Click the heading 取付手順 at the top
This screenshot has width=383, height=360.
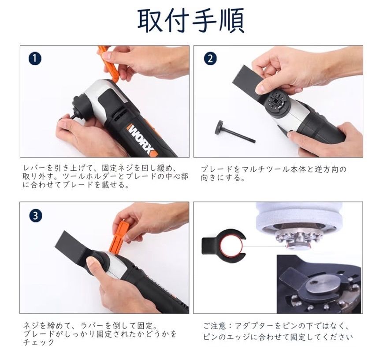coord(191,21)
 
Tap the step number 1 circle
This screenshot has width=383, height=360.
coord(35,59)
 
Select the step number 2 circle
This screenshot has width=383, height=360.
coord(210,59)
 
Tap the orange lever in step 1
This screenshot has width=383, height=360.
coord(108,64)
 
